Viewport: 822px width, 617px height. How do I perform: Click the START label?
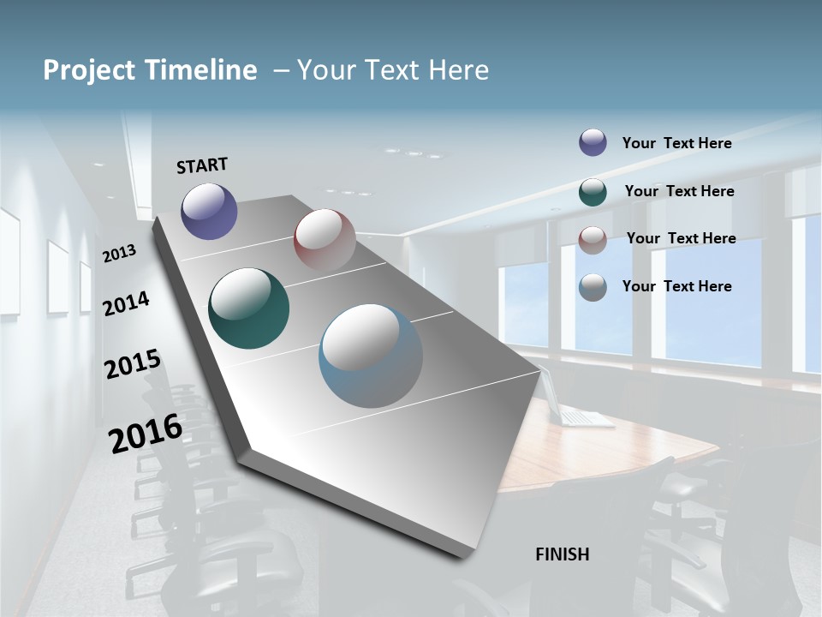[202, 165]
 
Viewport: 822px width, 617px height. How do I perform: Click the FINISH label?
[562, 554]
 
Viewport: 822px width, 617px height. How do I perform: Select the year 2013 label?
[119, 254]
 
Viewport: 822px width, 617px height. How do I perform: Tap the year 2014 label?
[126, 303]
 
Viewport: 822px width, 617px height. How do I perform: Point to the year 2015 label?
[132, 364]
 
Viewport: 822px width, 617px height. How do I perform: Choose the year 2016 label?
[145, 433]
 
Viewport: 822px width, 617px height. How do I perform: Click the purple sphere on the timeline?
[209, 211]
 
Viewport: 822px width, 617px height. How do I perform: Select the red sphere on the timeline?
[325, 239]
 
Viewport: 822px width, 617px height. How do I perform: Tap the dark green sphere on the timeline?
[248, 308]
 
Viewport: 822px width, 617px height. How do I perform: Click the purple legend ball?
[593, 142]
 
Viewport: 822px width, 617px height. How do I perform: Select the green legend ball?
[593, 192]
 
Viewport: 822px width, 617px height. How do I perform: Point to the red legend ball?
[593, 239]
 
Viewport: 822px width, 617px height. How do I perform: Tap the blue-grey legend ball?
[593, 287]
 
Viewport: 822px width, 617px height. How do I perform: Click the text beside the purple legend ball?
[676, 143]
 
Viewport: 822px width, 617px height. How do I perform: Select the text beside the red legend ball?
[681, 238]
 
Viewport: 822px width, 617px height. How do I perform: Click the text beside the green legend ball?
[679, 191]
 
